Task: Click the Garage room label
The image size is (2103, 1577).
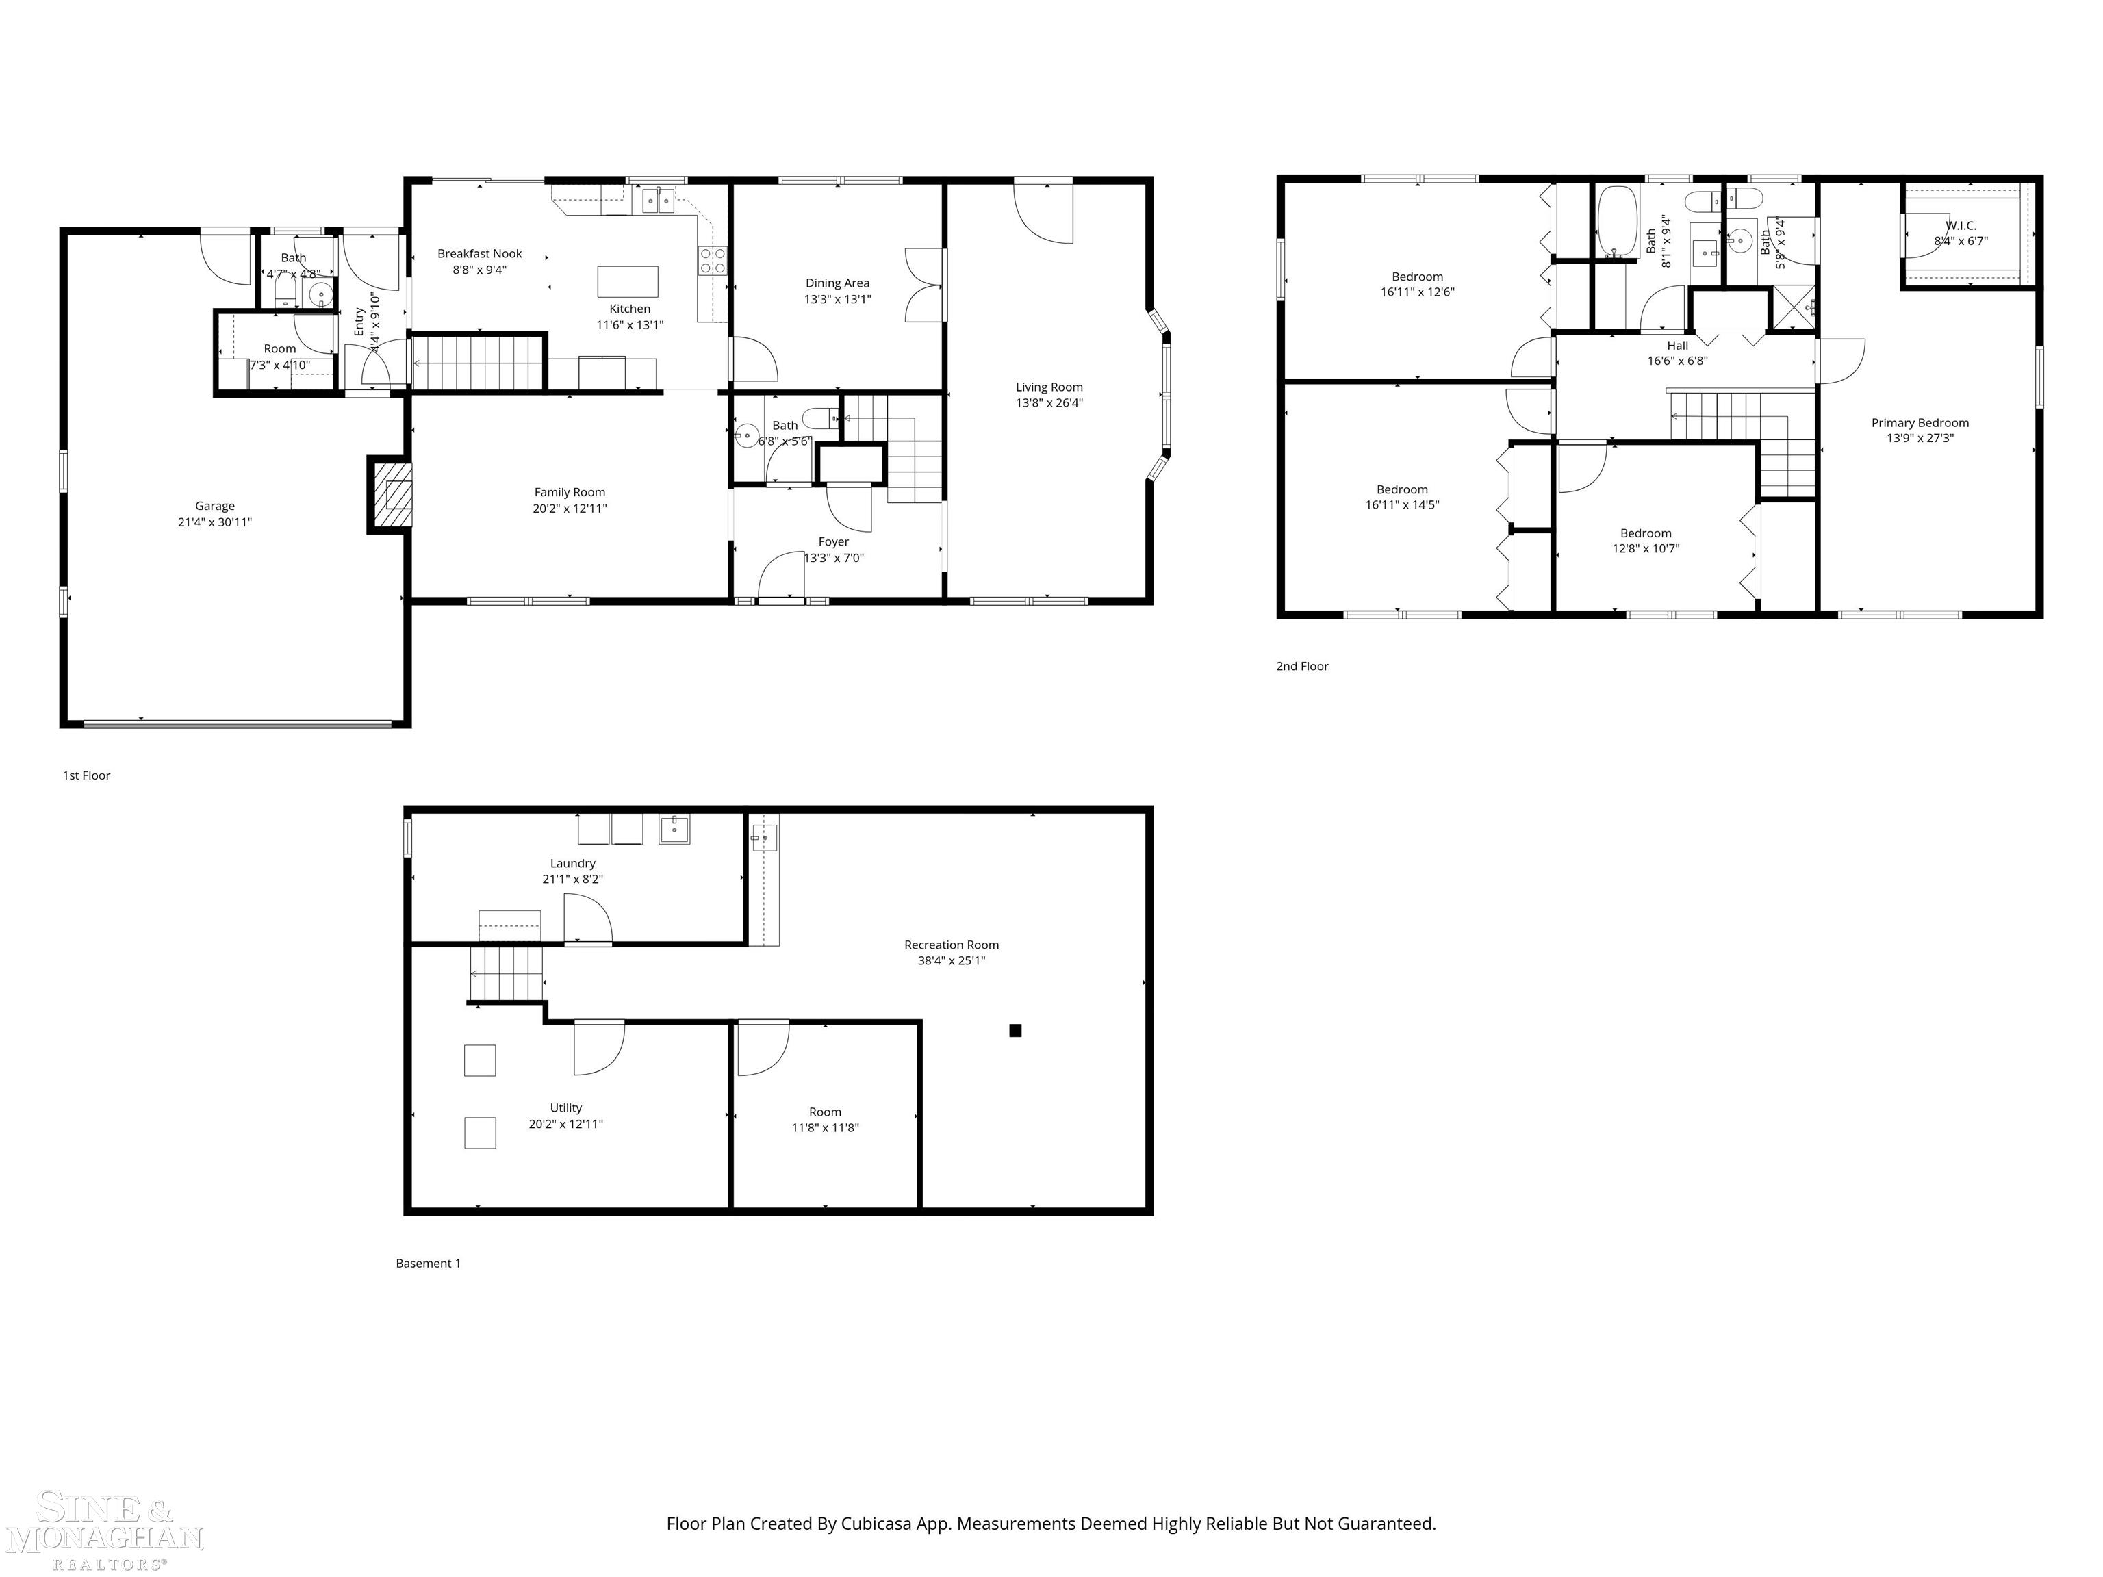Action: pyautogui.click(x=215, y=507)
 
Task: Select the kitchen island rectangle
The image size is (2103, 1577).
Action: pyautogui.click(x=628, y=281)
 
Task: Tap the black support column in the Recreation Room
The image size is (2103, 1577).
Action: pyautogui.click(x=1015, y=1030)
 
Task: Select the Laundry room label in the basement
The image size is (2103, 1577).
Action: pyautogui.click(x=572, y=863)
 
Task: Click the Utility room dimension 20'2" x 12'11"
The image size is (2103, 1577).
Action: pyautogui.click(x=565, y=1124)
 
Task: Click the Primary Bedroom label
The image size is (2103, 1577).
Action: pyautogui.click(x=1920, y=423)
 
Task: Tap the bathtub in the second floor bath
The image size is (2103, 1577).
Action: pyautogui.click(x=1617, y=222)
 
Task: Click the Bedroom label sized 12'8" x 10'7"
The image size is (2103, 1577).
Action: pyautogui.click(x=1646, y=533)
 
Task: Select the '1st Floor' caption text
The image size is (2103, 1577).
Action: pyautogui.click(x=86, y=775)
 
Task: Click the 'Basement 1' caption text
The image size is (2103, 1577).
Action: pyautogui.click(x=428, y=1264)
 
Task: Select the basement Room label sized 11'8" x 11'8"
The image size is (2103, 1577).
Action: pyautogui.click(x=825, y=1112)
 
